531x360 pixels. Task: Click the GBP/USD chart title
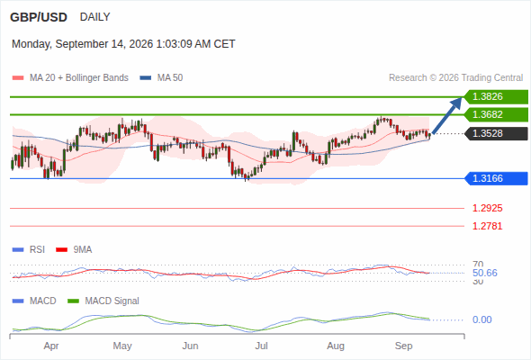pos(39,17)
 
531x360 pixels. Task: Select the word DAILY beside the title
pos(94,17)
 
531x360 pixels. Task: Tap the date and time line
pos(123,44)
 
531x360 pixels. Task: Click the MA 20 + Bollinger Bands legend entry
pos(70,78)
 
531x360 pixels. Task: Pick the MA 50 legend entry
pos(161,78)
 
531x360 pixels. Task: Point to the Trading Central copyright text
pos(455,78)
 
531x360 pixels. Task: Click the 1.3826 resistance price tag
pos(496,97)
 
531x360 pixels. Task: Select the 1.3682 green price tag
pos(496,114)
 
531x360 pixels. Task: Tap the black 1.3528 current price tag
pos(496,133)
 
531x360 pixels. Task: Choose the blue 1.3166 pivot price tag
pos(496,178)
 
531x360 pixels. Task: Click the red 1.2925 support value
pos(487,208)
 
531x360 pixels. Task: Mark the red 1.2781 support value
pos(487,226)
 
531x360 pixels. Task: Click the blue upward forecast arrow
pos(447,115)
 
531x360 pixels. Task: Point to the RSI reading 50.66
pos(485,273)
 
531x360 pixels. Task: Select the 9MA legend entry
pos(74,250)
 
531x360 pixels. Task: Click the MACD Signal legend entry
pos(103,301)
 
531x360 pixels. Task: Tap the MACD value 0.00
pos(481,319)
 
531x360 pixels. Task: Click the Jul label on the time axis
pos(261,346)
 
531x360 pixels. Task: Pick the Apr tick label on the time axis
pos(51,346)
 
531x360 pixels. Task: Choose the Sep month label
pos(404,346)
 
